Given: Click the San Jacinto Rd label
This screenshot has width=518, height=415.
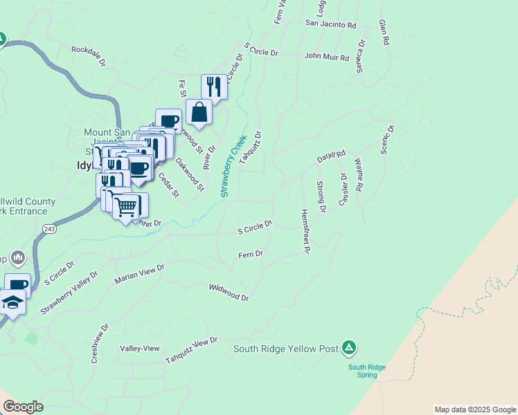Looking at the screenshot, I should click(x=330, y=24).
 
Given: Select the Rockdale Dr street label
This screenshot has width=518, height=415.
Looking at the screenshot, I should click(x=89, y=55).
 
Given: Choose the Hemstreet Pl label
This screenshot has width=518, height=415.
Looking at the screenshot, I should click(x=304, y=231).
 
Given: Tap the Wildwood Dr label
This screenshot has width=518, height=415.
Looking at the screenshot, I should click(x=229, y=292).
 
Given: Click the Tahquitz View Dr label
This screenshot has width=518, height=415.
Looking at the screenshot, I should click(x=191, y=351).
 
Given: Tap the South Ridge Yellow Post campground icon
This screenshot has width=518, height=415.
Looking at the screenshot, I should click(x=350, y=347).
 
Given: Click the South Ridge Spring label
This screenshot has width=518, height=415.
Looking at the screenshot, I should click(x=362, y=371).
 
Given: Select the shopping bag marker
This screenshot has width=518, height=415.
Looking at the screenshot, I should click(x=199, y=113).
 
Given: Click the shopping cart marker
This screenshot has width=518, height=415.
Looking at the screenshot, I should click(x=127, y=206).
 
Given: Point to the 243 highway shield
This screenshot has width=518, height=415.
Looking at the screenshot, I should click(x=48, y=228).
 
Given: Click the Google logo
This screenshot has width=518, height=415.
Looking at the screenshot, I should click(x=23, y=407).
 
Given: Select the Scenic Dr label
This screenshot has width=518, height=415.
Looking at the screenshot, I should click(x=386, y=140).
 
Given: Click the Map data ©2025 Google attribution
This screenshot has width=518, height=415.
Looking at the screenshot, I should click(x=475, y=409).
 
